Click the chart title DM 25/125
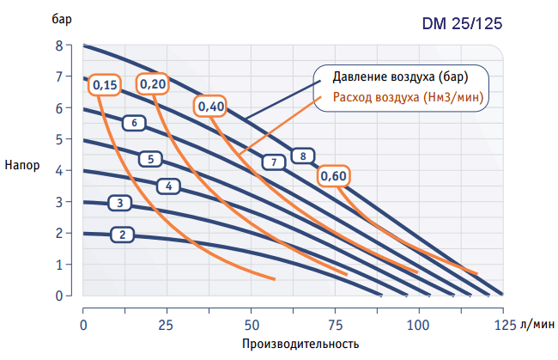[460, 24]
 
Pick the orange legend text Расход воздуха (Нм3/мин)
[408, 97]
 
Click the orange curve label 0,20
[154, 83]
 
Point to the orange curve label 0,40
[211, 107]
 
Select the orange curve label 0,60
[333, 176]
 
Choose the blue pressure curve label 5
[150, 158]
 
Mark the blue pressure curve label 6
[135, 123]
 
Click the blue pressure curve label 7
[273, 162]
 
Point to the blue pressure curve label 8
[302, 156]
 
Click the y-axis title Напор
[21, 166]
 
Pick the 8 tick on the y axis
[60, 46]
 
